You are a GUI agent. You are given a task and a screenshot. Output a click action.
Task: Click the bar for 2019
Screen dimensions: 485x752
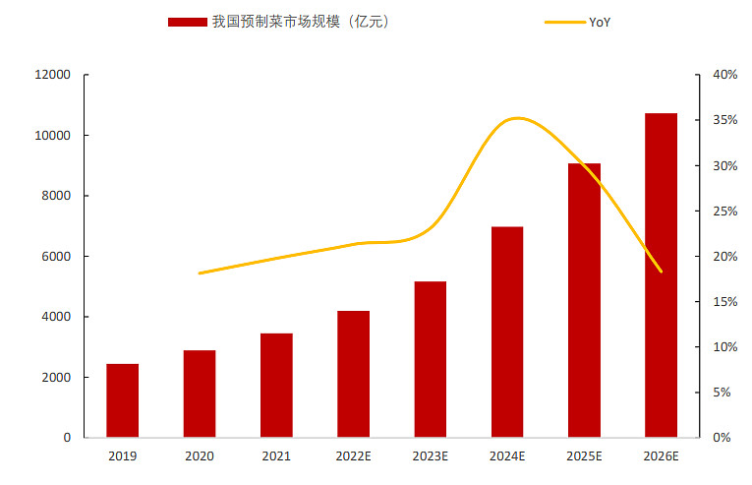tap(123, 400)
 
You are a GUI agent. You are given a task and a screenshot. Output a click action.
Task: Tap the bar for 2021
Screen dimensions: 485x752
tap(276, 385)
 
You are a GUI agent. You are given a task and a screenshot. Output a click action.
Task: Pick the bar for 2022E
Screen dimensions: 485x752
tap(353, 374)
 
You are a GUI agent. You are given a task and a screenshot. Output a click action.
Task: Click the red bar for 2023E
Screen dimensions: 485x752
tap(430, 359)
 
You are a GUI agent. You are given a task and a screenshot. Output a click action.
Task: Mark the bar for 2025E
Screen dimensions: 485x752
tap(584, 300)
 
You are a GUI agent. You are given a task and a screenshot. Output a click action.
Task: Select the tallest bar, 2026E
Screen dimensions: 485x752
tap(661, 275)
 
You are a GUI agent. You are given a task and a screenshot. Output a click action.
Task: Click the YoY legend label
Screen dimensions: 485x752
tap(601, 22)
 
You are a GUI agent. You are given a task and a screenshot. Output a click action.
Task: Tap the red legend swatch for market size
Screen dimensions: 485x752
tap(187, 22)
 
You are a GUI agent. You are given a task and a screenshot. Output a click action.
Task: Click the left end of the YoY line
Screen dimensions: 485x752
tap(200, 273)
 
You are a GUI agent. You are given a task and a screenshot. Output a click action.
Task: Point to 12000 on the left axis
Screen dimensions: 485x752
tap(54, 75)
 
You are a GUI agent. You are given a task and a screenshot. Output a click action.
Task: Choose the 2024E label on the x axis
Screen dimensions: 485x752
tap(507, 456)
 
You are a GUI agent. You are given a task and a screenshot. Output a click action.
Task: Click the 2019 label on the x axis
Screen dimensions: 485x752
tap(123, 456)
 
